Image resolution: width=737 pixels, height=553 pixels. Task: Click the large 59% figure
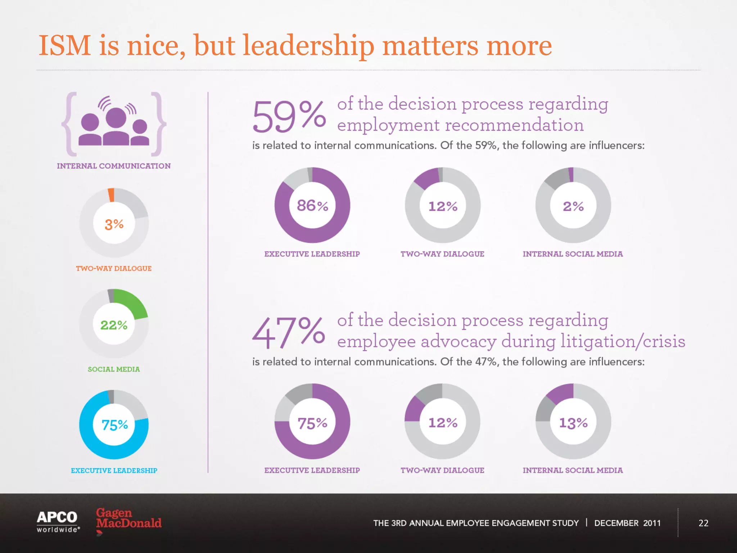[289, 117]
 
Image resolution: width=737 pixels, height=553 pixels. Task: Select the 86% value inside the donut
[312, 206]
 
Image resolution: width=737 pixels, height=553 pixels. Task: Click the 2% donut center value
[573, 206]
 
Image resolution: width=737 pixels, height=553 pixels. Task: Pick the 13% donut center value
[573, 423]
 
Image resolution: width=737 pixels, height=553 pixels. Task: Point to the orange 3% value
[114, 224]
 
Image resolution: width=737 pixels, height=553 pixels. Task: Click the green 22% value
[114, 325]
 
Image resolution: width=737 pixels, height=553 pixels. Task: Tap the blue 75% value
[115, 425]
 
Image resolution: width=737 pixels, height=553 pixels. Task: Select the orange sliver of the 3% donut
[111, 195]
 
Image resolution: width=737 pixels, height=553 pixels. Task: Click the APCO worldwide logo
[58, 521]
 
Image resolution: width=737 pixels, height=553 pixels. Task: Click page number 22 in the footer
[703, 523]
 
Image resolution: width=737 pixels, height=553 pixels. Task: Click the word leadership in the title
[309, 46]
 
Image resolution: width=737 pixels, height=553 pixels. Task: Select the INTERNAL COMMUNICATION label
[114, 166]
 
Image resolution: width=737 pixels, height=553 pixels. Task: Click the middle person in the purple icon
[116, 126]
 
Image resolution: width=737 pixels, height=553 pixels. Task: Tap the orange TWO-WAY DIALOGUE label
[114, 268]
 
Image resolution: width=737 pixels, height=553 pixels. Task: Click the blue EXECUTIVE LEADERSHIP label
[114, 471]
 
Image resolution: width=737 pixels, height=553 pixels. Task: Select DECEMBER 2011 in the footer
[627, 523]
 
